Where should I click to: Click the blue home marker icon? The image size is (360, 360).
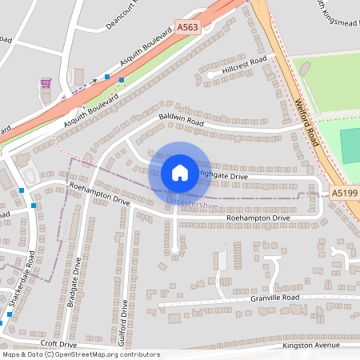[179, 172]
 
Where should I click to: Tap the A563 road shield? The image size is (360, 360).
[187, 27]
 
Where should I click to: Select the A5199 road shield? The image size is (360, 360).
[344, 193]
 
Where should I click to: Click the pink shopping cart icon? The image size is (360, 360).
[46, 82]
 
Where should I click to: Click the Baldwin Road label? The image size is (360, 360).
[182, 123]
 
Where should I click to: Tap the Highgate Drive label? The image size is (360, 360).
[224, 174]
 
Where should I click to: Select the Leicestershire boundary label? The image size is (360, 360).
[191, 206]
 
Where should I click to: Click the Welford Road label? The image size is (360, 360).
[306, 120]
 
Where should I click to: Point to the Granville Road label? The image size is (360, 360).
[273, 298]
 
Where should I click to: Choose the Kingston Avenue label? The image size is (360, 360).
[311, 346]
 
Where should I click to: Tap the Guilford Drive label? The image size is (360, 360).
[125, 319]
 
